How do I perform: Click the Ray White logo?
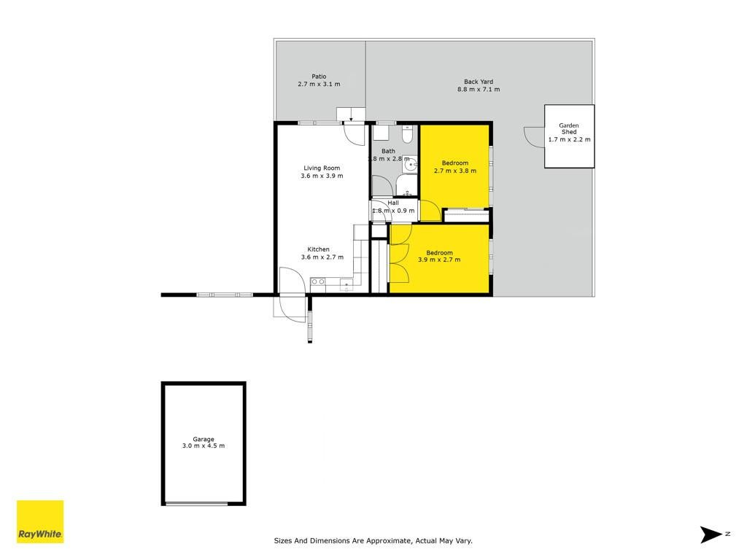(x=40, y=521)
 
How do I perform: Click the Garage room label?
(x=204, y=439)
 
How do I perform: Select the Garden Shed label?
(x=569, y=128)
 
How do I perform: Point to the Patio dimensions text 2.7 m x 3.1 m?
(x=320, y=85)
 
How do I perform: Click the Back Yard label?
(x=479, y=82)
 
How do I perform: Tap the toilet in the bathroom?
(x=407, y=135)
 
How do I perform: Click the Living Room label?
(x=322, y=168)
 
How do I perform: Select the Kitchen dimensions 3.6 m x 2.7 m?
(x=322, y=257)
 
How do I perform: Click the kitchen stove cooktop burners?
(x=318, y=282)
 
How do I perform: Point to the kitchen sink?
(x=347, y=285)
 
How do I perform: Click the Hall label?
(x=393, y=203)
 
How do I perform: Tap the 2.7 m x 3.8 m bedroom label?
(x=455, y=167)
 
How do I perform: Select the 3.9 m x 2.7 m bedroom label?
(x=439, y=256)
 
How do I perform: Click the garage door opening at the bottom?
(x=196, y=503)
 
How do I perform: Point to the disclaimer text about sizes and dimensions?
(x=373, y=540)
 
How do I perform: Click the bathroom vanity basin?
(x=410, y=165)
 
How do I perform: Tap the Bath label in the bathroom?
(x=388, y=151)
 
